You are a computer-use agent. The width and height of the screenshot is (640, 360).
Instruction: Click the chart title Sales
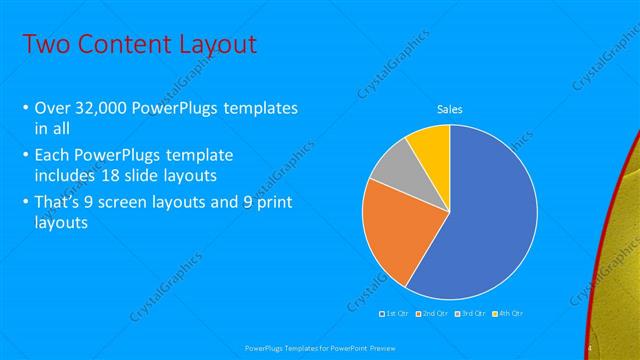[449, 109]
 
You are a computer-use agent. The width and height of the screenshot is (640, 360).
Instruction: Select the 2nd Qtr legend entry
[432, 314]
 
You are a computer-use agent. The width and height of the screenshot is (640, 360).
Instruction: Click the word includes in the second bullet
[64, 174]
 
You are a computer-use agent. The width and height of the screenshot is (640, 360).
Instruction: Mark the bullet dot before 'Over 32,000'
[25, 108]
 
